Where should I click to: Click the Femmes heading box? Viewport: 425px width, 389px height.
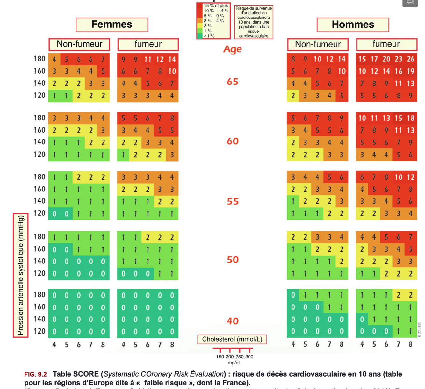pyautogui.click(x=112, y=25)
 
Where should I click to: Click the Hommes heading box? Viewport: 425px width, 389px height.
pyautogui.click(x=353, y=25)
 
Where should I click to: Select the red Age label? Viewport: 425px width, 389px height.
pyautogui.click(x=232, y=49)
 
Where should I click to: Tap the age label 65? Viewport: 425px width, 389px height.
pyautogui.click(x=233, y=82)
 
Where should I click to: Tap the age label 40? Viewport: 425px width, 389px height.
pyautogui.click(x=233, y=321)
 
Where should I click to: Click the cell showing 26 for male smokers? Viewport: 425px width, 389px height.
pyautogui.click(x=410, y=59)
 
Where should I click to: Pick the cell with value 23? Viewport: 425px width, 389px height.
pyautogui.click(x=398, y=59)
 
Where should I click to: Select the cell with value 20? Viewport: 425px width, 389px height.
pyautogui.click(x=386, y=59)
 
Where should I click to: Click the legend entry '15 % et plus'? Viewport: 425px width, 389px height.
pyautogui.click(x=216, y=6)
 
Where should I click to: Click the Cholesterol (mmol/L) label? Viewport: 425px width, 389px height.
pyautogui.click(x=232, y=339)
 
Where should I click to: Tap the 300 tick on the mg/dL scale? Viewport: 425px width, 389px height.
pyautogui.click(x=249, y=357)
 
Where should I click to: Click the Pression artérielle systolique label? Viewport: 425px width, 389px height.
pyautogui.click(x=21, y=275)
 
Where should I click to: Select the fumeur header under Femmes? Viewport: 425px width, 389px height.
pyautogui.click(x=148, y=44)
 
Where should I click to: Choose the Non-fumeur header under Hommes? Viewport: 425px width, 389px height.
pyautogui.click(x=318, y=44)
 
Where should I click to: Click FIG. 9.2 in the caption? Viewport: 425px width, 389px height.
pyautogui.click(x=35, y=374)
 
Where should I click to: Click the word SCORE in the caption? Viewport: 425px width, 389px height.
pyautogui.click(x=86, y=374)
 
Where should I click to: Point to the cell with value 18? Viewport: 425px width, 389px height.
pyautogui.click(x=410, y=118)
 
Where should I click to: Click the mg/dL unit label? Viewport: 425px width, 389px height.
pyautogui.click(x=234, y=363)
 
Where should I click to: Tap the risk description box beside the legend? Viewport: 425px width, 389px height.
pyautogui.click(x=254, y=22)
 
